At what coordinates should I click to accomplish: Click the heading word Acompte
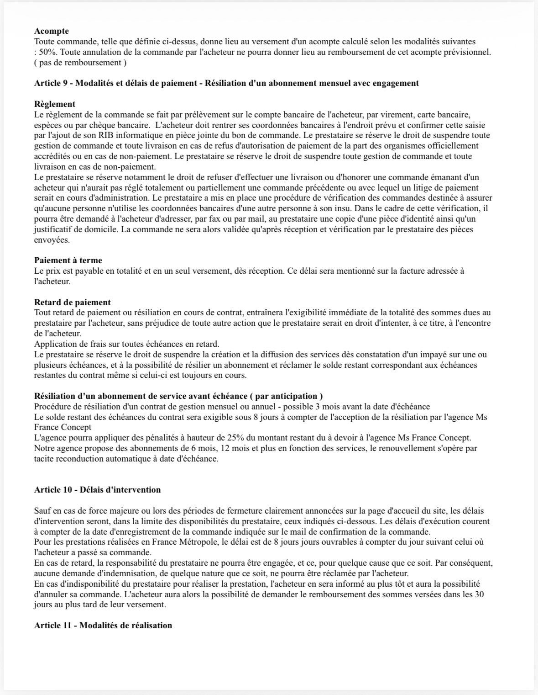(x=52, y=31)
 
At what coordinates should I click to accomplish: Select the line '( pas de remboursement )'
(x=80, y=63)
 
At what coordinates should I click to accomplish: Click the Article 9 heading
(x=226, y=83)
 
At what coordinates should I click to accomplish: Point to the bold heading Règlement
(x=55, y=104)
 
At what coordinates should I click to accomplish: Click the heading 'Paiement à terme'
(x=68, y=260)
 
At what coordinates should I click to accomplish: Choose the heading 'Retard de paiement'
(x=72, y=302)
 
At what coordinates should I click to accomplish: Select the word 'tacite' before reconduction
(x=44, y=459)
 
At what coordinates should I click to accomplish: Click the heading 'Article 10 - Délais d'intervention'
(x=97, y=490)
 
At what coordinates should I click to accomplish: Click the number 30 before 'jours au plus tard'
(x=479, y=594)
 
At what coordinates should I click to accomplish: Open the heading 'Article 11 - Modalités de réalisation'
(x=103, y=626)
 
